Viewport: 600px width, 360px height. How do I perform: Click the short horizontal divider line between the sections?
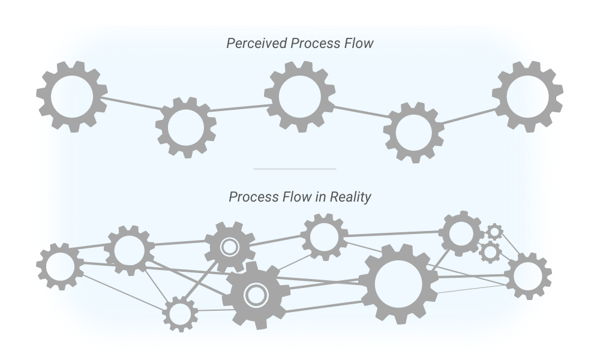295,169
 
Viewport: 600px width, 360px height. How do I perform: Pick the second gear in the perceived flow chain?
186,127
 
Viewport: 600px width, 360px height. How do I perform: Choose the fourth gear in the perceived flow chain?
413,132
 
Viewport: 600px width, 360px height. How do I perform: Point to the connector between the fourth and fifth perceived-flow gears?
469,116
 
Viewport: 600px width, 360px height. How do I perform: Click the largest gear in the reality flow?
398,283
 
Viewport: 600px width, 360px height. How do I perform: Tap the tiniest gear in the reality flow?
494,231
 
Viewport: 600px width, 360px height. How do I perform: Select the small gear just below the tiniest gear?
490,251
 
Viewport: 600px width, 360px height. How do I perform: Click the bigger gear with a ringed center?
256,295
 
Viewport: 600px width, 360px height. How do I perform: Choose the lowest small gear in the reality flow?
179,313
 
